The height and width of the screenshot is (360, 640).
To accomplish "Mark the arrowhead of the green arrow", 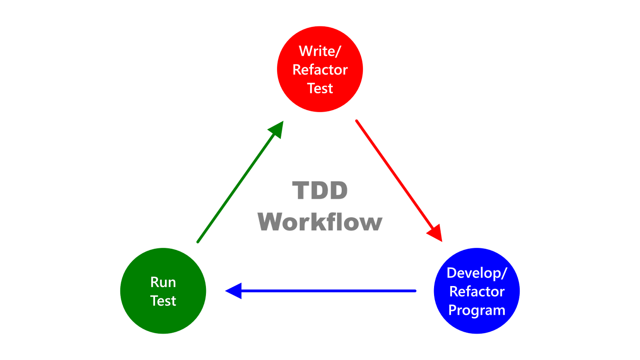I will pos(277,129).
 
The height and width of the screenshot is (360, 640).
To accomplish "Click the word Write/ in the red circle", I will pos(320,51).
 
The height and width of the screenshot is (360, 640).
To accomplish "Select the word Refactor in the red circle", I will pos(320,70).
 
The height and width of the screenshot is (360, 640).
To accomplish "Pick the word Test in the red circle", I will pos(320,89).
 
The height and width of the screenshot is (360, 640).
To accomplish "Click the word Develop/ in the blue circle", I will pos(476,273).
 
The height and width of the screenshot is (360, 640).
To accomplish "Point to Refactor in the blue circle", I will pos(476,292).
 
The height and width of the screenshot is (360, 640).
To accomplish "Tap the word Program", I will pos(476,311).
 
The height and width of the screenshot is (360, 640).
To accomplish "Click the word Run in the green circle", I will pos(163,282).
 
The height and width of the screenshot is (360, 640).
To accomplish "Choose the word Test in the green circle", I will pos(163,301).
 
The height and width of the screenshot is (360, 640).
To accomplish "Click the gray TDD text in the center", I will pos(320,191).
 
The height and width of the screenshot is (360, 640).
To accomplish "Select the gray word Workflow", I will pos(320,221).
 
